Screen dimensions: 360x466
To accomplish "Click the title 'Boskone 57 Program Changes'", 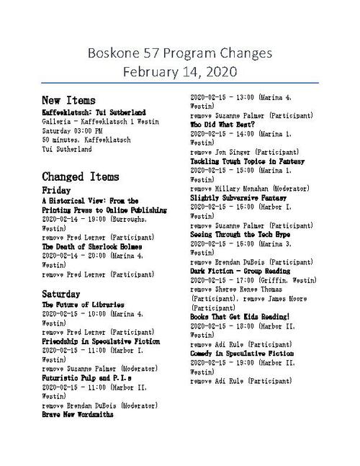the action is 180,53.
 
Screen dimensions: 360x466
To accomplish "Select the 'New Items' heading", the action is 68,99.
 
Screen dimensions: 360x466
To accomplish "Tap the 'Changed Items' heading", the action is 80,176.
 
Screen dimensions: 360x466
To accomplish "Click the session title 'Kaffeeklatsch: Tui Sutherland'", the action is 94,112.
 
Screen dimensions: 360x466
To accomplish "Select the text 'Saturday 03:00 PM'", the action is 72,130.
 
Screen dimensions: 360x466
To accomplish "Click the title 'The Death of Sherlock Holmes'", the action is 91,246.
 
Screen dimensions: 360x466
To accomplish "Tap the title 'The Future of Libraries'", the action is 84,305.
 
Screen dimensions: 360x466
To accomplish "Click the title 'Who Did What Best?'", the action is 224,125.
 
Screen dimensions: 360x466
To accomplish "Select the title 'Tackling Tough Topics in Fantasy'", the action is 247,161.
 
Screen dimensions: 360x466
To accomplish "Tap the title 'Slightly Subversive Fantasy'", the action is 238,197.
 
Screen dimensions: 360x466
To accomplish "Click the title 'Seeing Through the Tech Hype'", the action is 240,234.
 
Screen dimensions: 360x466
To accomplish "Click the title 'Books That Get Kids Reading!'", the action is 239,316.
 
